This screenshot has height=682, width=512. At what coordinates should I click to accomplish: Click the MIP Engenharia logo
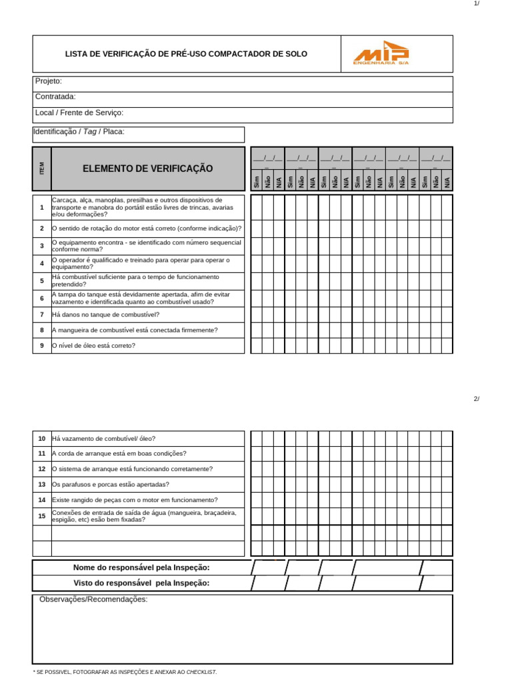[381, 53]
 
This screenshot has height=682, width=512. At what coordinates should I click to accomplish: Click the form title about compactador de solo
[186, 54]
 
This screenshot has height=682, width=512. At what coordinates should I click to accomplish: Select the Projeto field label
[49, 81]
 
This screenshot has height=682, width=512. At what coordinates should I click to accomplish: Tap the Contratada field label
[55, 97]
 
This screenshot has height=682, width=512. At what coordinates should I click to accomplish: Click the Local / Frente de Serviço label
[79, 113]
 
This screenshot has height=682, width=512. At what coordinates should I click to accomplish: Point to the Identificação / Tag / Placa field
[79, 132]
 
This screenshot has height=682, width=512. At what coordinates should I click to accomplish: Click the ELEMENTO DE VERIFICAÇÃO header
[148, 169]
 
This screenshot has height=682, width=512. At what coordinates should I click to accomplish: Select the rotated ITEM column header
[41, 169]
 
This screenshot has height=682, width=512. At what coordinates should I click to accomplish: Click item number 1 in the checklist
[41, 207]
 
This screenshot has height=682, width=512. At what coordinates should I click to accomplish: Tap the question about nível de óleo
[93, 346]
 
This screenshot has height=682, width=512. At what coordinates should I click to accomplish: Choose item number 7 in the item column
[41, 314]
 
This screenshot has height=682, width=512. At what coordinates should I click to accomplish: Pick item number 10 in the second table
[41, 439]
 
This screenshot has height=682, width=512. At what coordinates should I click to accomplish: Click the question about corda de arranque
[119, 454]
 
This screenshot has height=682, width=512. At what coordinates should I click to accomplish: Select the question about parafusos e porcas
[111, 485]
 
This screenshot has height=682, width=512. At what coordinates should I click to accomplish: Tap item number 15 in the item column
[41, 516]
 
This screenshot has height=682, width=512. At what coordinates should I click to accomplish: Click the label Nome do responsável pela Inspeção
[141, 567]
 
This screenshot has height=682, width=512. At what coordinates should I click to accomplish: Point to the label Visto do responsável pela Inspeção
[141, 583]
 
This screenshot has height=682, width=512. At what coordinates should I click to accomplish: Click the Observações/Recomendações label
[93, 599]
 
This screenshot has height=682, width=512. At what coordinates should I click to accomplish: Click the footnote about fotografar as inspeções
[125, 673]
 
